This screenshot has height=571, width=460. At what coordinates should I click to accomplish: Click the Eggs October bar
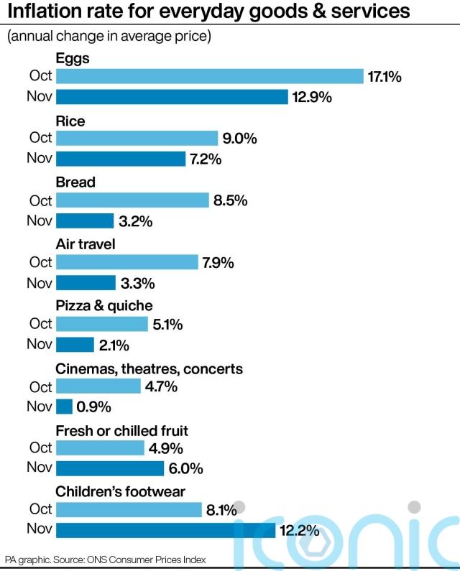[x=209, y=76]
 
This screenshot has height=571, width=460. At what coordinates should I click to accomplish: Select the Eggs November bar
[x=171, y=97]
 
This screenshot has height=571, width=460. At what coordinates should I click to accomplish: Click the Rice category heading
[x=70, y=121]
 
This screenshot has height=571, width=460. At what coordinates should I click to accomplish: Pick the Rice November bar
[x=121, y=159]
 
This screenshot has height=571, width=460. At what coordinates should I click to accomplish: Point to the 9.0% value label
[x=240, y=139]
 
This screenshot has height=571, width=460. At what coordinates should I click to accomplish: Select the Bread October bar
[x=132, y=200]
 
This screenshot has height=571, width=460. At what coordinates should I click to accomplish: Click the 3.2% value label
[x=136, y=221]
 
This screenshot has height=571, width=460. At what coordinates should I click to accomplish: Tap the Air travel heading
[x=86, y=244]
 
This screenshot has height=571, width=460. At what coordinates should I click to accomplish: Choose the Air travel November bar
[x=86, y=283]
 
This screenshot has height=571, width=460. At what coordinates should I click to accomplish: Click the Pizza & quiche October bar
[x=101, y=325]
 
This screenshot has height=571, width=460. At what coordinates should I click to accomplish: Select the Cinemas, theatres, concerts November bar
[x=64, y=407]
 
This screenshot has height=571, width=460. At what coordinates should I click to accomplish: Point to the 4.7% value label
[x=162, y=386]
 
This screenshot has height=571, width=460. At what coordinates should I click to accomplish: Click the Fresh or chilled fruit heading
[x=121, y=431]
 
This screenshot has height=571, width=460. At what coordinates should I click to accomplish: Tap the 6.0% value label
[x=186, y=469]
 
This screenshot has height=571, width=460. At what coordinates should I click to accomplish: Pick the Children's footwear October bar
[x=129, y=510]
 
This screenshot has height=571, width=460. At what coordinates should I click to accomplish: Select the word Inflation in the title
[x=50, y=12]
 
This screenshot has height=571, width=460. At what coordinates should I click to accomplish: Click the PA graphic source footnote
[x=105, y=560]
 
